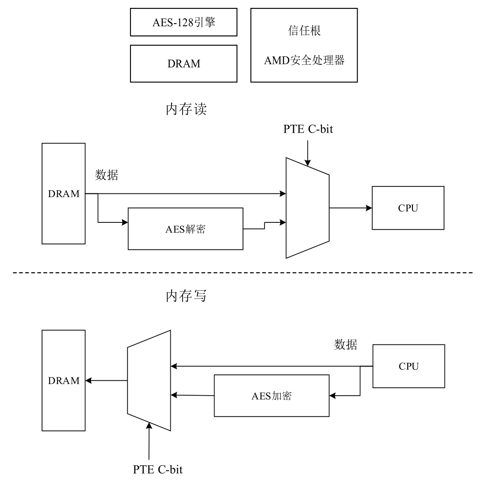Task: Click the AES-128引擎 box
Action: (x=183, y=22)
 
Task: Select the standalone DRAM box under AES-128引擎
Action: (x=183, y=64)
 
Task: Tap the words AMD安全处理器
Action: (x=304, y=60)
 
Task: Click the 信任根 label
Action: (x=304, y=31)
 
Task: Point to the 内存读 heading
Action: (x=186, y=109)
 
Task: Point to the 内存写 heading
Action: (x=186, y=296)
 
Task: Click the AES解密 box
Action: (x=185, y=229)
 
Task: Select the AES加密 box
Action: (x=271, y=396)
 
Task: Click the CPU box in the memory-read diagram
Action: (x=408, y=208)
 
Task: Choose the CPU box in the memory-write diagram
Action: (x=408, y=366)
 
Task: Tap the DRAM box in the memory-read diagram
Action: (x=63, y=193)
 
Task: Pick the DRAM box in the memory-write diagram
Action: (x=63, y=380)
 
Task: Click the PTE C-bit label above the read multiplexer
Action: (x=308, y=129)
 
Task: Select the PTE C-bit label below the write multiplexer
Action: (x=158, y=470)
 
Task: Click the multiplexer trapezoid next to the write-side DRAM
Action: (x=149, y=380)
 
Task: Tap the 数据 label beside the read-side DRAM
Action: (x=107, y=175)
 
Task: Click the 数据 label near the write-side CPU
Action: (x=345, y=344)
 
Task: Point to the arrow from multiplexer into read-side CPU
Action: (x=350, y=208)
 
